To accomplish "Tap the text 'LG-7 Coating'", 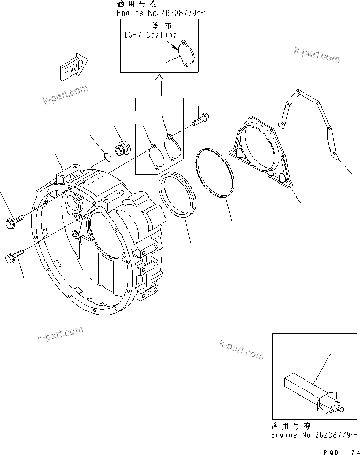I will (151, 35).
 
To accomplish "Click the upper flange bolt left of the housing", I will (12, 222).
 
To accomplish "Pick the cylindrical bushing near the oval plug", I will (124, 147).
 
